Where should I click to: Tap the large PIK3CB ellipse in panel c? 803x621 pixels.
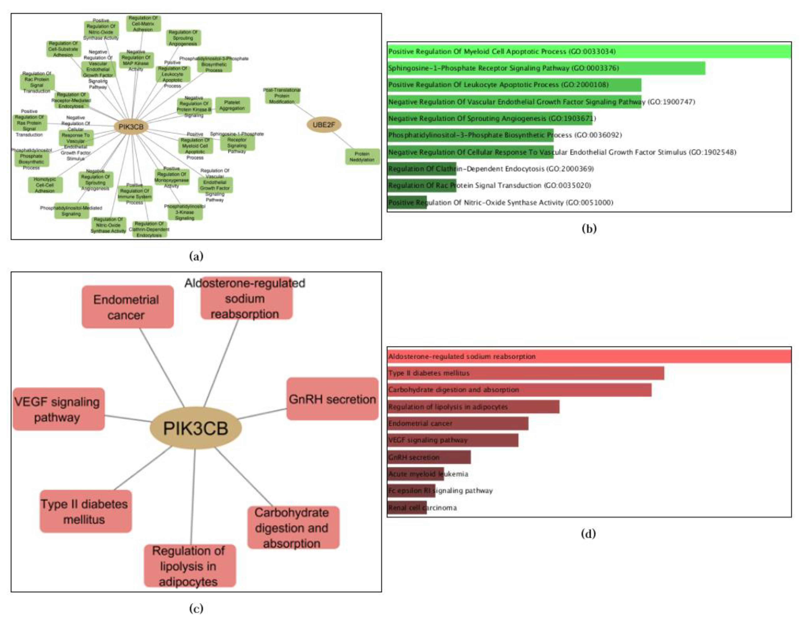coord(196,428)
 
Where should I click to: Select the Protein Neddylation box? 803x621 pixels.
coord(362,156)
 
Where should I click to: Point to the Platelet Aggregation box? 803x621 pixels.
coord(232,105)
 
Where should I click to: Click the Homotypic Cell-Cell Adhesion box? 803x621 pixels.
coord(45,185)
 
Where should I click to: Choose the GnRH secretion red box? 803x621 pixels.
coord(332,399)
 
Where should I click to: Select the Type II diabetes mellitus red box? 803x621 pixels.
coord(86,511)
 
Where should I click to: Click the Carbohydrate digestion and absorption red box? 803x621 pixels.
coord(293,528)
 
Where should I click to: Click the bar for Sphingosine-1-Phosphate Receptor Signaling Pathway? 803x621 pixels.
coord(546,68)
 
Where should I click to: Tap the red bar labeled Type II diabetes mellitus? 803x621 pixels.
coord(525,373)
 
